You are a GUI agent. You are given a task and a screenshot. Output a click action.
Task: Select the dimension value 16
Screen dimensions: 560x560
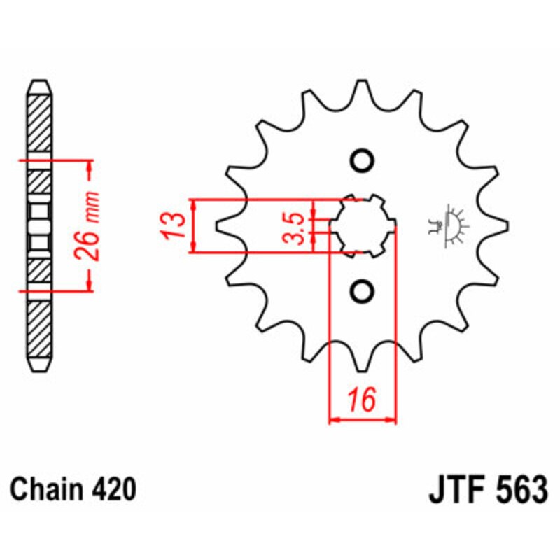click(x=362, y=400)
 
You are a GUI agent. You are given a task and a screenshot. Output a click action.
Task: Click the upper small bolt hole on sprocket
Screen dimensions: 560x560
click(x=362, y=160)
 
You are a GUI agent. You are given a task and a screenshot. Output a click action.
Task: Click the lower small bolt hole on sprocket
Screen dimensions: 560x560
click(x=362, y=290)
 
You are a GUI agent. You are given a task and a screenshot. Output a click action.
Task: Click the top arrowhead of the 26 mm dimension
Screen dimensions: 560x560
click(x=89, y=167)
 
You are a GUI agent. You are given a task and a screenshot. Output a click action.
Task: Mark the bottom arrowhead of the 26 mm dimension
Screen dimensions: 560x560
click(x=89, y=284)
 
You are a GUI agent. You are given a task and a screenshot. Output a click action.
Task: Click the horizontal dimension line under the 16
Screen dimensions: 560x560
click(x=362, y=421)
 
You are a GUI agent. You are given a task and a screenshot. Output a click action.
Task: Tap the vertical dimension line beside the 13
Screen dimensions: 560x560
click(x=194, y=225)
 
